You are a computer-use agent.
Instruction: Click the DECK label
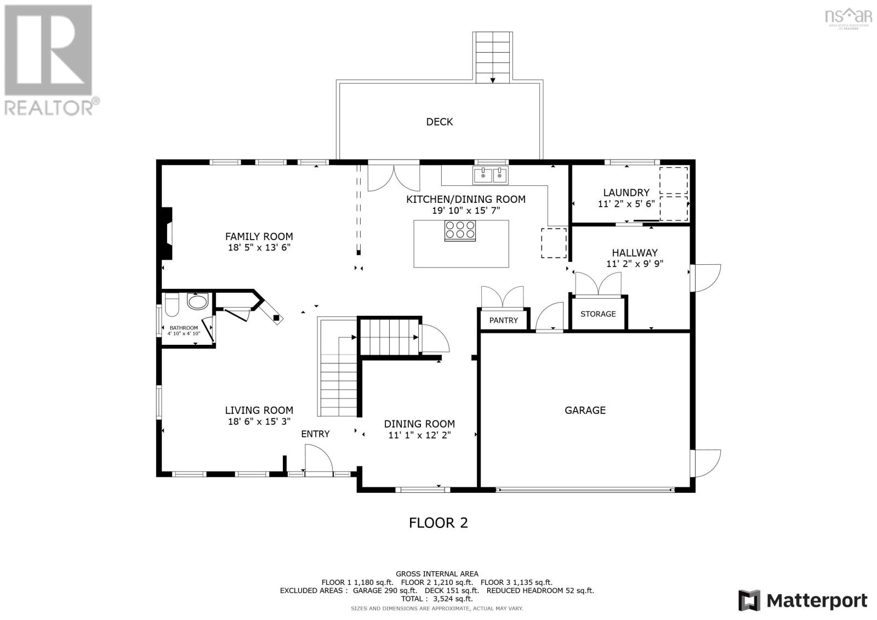tap(439, 122)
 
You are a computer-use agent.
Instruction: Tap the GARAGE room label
tap(585, 410)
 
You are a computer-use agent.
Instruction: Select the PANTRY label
tap(503, 320)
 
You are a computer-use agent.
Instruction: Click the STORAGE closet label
tap(598, 314)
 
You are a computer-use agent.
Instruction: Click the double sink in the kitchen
tap(491, 175)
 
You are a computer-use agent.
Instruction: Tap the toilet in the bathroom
tap(172, 305)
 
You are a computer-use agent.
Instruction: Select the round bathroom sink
tap(197, 301)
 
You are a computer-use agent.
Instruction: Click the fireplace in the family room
tap(167, 233)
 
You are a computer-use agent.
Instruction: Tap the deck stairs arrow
tap(492, 80)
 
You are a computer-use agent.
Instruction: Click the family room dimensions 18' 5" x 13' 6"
tap(259, 248)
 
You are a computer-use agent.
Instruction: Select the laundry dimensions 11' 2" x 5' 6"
tap(626, 203)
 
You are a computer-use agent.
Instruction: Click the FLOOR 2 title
tap(438, 522)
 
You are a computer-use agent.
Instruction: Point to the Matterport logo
tap(802, 600)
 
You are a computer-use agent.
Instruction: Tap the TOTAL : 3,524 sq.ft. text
tap(437, 599)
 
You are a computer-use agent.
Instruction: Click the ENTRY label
tap(315, 434)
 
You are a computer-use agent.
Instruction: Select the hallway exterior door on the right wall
tap(705, 277)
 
